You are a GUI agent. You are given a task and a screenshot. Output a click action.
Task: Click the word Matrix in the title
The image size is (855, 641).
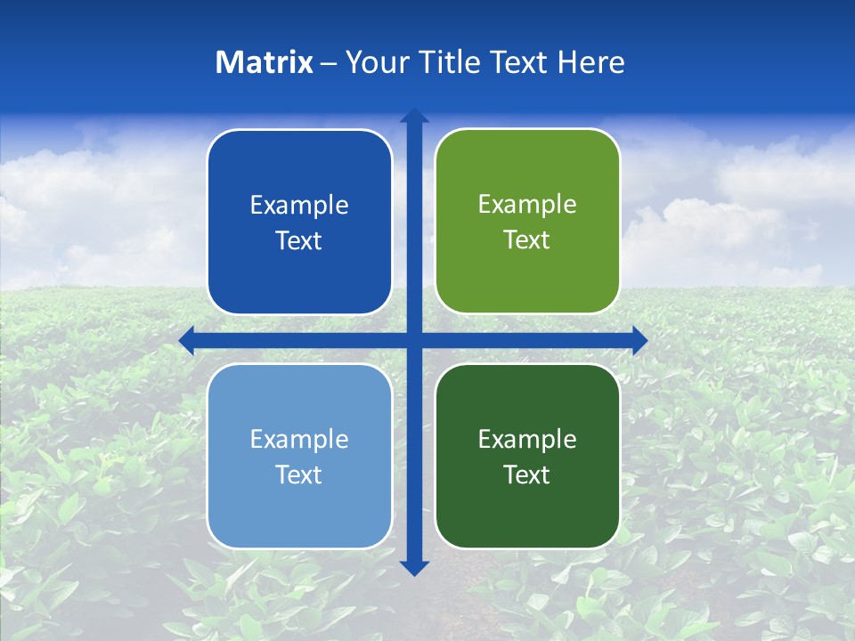pyautogui.click(x=265, y=62)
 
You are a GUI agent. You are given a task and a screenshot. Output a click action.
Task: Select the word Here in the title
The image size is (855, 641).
pyautogui.click(x=591, y=62)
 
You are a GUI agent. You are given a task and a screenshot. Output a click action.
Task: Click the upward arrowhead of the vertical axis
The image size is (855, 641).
pyautogui.click(x=414, y=116)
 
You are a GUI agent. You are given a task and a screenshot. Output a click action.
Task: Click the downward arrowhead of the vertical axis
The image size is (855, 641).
pyautogui.click(x=414, y=568)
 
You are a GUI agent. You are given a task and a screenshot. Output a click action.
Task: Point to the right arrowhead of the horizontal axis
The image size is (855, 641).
pyautogui.click(x=639, y=340)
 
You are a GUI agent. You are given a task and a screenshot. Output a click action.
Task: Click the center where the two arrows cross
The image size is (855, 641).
pyautogui.click(x=414, y=340)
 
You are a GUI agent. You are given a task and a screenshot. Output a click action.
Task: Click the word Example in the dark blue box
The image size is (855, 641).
pyautogui.click(x=299, y=206)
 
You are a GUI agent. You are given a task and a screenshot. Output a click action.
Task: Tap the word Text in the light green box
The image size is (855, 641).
pyautogui.click(x=527, y=240)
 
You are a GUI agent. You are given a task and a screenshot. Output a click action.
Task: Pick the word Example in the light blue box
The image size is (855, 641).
pyautogui.click(x=299, y=440)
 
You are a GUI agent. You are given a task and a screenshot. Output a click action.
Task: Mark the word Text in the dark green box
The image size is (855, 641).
pyautogui.click(x=527, y=475)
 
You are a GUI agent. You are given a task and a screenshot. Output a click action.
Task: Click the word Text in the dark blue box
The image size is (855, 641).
pyautogui.click(x=299, y=241)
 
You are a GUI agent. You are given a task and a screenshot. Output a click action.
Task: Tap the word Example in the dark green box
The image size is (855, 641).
pyautogui.click(x=527, y=440)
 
